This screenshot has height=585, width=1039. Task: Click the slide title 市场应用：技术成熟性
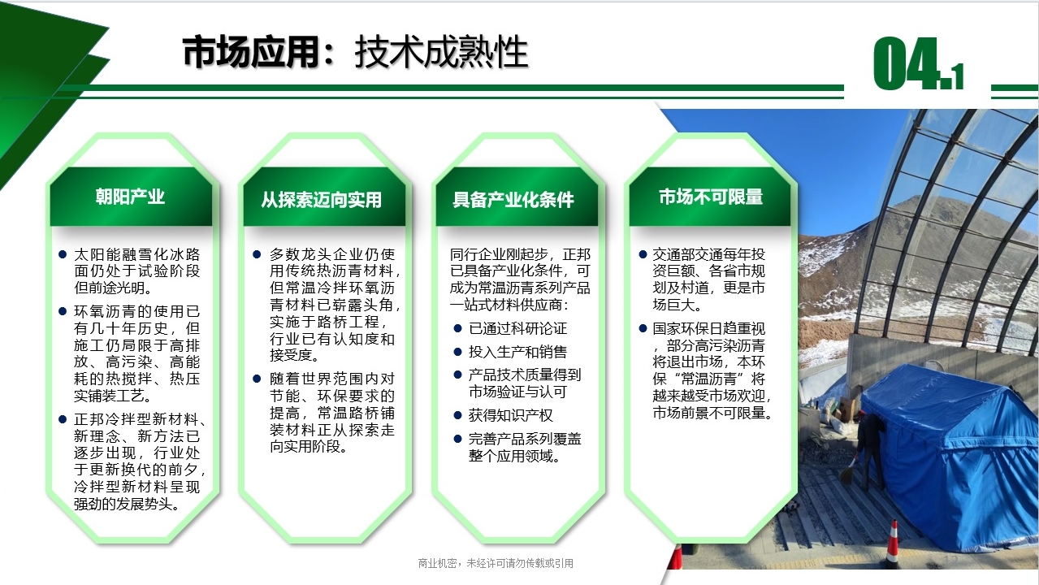355,52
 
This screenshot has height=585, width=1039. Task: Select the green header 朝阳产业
130,197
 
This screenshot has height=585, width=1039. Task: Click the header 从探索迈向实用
322,200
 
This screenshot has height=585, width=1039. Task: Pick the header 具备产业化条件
513,200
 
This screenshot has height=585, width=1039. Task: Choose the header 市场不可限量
711,197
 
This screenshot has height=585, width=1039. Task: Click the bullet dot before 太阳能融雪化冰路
63,254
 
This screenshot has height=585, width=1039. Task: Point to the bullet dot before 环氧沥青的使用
63,311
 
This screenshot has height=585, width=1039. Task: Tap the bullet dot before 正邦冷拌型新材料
63,419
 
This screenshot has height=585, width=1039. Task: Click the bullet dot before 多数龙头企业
257,254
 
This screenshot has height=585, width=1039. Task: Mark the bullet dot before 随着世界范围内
257,379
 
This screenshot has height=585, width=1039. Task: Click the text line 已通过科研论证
517,328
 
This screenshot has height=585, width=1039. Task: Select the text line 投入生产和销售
517,352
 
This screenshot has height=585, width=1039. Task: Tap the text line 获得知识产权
511,415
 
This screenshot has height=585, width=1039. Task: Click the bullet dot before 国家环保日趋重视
643,328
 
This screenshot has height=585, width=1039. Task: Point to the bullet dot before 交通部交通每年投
643,254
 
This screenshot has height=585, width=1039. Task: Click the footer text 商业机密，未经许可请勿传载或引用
496,563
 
